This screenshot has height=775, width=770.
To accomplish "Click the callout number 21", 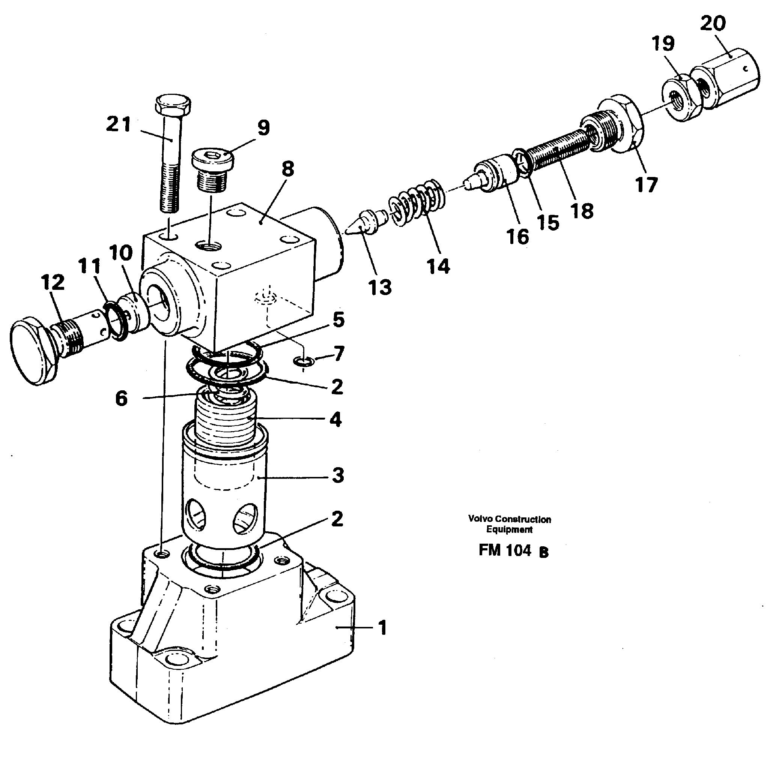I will coord(119,124).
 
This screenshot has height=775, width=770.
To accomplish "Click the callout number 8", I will coord(287,169).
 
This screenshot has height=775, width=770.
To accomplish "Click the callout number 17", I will coord(646,185).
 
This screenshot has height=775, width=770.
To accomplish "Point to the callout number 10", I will coord(120,253).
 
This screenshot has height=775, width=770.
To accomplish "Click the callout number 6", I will coord(121,398).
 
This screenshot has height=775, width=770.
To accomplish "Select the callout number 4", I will coord(335,419).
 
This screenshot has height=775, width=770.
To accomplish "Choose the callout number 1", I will coord(383,628).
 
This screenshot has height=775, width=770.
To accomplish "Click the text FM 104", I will coord(505,550).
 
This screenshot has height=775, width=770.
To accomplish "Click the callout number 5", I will coord(338,320).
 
